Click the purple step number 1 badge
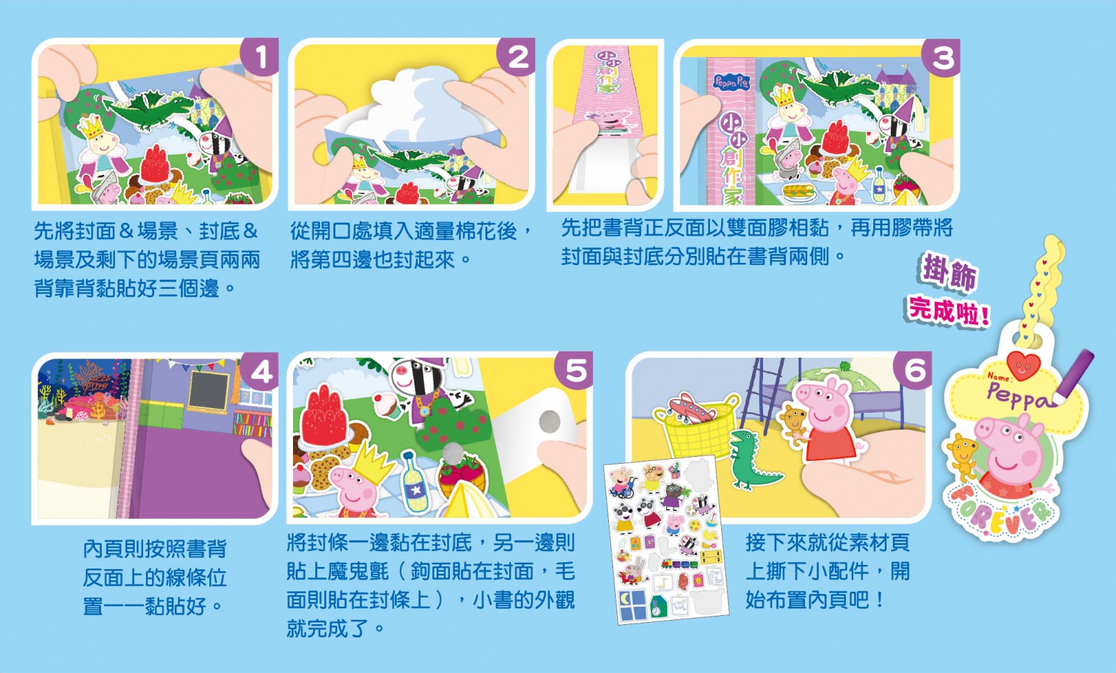(x=260, y=56)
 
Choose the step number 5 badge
(x=574, y=370)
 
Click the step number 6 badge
(x=913, y=370)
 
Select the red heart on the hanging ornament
(x=1023, y=365)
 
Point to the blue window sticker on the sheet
(x=633, y=605)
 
